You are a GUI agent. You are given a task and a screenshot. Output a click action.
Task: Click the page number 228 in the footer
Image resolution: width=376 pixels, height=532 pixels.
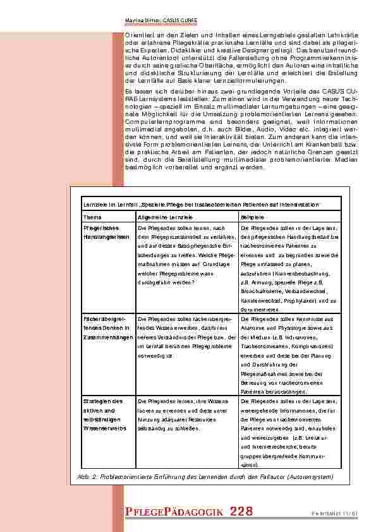(x=241, y=511)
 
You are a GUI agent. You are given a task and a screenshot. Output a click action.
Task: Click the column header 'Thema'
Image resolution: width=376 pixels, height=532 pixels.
(x=93, y=217)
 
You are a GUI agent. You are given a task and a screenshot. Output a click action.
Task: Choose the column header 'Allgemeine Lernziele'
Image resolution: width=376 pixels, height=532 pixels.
(x=159, y=217)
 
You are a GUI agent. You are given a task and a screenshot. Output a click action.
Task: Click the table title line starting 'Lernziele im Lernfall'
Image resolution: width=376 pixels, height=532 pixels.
(x=201, y=205)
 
